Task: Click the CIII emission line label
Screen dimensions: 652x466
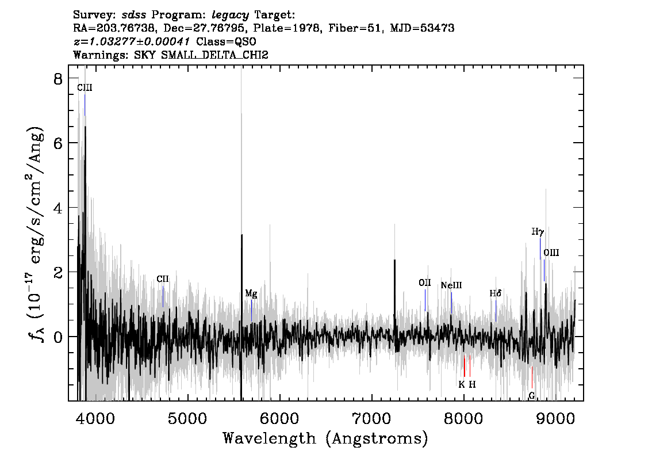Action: [x=85, y=87]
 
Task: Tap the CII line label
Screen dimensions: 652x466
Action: [x=163, y=279]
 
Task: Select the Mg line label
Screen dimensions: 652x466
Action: [x=251, y=294]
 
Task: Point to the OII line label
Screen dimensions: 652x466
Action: [x=424, y=283]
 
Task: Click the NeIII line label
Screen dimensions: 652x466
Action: [x=451, y=285]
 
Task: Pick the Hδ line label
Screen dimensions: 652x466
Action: [x=495, y=293]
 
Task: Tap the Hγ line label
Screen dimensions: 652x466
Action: [x=538, y=232]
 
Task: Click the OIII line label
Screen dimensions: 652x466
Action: [x=551, y=253]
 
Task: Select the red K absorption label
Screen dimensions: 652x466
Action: [x=461, y=384]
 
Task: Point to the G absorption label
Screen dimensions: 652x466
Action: [x=531, y=396]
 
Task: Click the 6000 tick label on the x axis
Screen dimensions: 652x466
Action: [x=279, y=419]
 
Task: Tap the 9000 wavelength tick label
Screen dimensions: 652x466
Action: [x=555, y=419]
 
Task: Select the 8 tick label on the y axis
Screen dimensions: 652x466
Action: [x=58, y=79]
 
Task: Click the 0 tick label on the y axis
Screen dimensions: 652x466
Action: [x=58, y=337]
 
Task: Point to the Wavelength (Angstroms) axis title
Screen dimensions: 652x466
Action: [x=325, y=438]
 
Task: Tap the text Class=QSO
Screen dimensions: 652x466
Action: [x=226, y=41]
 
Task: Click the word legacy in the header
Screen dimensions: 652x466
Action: [x=231, y=16]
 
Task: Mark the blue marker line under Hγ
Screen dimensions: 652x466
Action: [x=540, y=249]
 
